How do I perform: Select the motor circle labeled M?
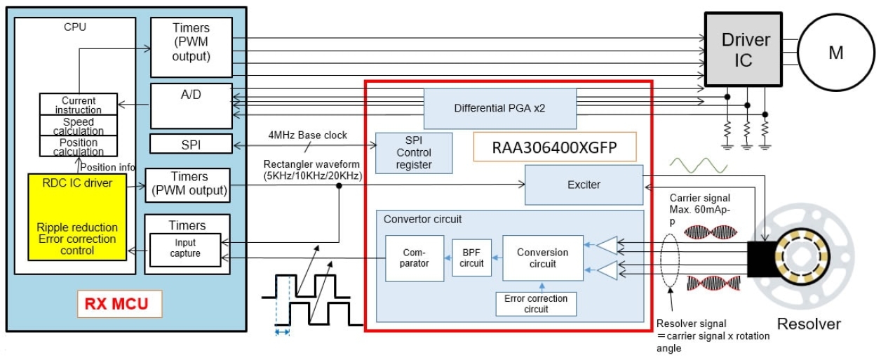835,53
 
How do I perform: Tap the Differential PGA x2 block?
499,109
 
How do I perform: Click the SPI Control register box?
414,153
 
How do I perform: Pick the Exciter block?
584,185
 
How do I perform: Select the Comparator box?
415,258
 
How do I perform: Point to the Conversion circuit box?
542,258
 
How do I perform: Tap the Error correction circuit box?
536,304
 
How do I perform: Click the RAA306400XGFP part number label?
554,148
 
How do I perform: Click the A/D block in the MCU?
191,106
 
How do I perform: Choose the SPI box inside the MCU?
191,145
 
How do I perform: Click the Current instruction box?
78,105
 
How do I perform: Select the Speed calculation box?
78,126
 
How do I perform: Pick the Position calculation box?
78,147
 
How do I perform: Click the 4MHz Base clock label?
307,135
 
